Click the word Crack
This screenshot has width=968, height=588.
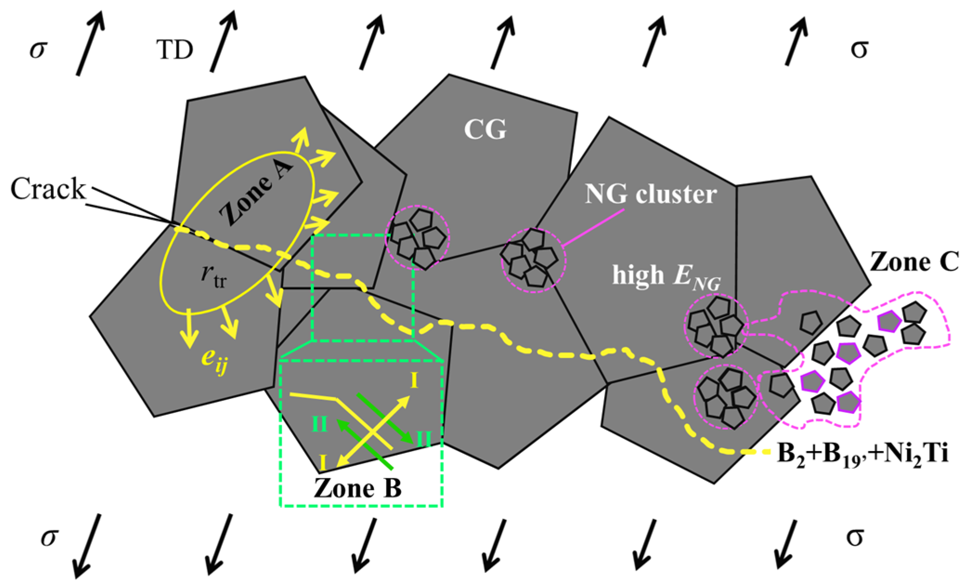tap(48, 189)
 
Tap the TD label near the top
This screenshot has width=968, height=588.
tap(175, 50)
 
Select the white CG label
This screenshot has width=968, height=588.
tap(485, 130)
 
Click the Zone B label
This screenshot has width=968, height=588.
tap(358, 488)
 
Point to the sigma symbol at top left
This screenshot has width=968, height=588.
tap(38, 49)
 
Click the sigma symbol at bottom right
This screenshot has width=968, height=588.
tap(854, 537)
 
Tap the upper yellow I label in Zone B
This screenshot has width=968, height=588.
tap(414, 381)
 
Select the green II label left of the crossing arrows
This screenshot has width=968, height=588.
tap(319, 425)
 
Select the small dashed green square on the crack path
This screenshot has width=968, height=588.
tap(363, 288)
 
